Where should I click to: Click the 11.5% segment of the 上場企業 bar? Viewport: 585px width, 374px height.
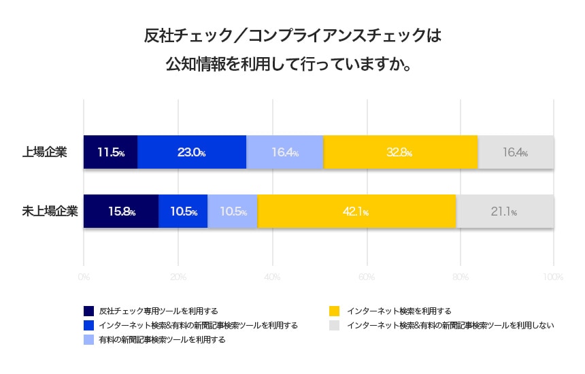click(110, 152)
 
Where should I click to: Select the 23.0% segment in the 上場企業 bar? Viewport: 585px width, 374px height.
click(192, 152)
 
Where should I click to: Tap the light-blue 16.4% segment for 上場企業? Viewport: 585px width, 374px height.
click(285, 152)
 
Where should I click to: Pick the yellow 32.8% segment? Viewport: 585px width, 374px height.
click(401, 152)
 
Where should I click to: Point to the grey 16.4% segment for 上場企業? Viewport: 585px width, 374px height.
click(516, 152)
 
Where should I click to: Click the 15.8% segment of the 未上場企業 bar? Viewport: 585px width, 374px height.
click(121, 211)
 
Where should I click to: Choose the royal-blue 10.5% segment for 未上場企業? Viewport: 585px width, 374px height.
click(183, 211)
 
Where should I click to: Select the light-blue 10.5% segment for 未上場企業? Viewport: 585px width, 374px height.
click(233, 211)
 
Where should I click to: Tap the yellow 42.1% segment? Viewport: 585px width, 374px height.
click(356, 211)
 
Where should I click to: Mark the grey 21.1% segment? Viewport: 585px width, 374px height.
click(504, 211)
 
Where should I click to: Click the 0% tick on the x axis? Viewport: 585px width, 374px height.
click(84, 277)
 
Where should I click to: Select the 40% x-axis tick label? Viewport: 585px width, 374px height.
click(272, 277)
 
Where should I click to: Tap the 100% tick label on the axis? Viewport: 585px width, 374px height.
click(553, 277)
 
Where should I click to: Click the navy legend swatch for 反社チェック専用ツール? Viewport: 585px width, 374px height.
click(88, 311)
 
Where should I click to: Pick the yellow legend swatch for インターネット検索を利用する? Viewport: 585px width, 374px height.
click(333, 311)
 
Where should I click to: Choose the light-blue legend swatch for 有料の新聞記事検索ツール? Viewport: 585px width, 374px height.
click(88, 339)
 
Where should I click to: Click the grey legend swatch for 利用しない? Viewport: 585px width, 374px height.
click(333, 325)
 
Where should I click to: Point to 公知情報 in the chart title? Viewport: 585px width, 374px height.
click(195, 65)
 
